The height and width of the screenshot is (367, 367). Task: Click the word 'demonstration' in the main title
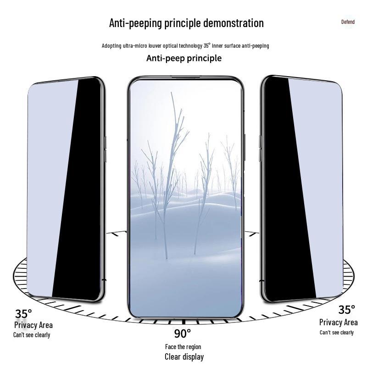pyautogui.click(x=234, y=23)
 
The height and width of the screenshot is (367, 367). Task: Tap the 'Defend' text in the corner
pyautogui.click(x=348, y=22)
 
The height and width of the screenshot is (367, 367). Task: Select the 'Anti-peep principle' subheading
pyautogui.click(x=184, y=58)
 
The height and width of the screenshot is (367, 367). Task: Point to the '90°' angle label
pyautogui.click(x=182, y=334)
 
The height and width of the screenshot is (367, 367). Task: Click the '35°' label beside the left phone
pyautogui.click(x=23, y=314)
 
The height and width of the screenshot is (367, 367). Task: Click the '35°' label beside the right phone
pyautogui.click(x=346, y=310)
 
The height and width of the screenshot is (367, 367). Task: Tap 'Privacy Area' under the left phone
pyautogui.click(x=33, y=325)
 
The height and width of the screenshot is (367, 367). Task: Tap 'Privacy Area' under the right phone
pyautogui.click(x=339, y=323)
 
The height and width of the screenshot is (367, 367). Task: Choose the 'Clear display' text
pyautogui.click(x=184, y=357)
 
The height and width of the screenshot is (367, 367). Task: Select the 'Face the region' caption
pyautogui.click(x=183, y=347)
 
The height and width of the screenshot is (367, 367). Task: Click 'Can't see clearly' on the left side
pyautogui.click(x=32, y=335)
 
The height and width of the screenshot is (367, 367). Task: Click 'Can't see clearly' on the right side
pyautogui.click(x=337, y=332)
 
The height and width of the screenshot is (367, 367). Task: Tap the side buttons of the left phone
pyautogui.click(x=106, y=149)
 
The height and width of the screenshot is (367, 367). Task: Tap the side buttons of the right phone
pyautogui.click(x=260, y=148)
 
